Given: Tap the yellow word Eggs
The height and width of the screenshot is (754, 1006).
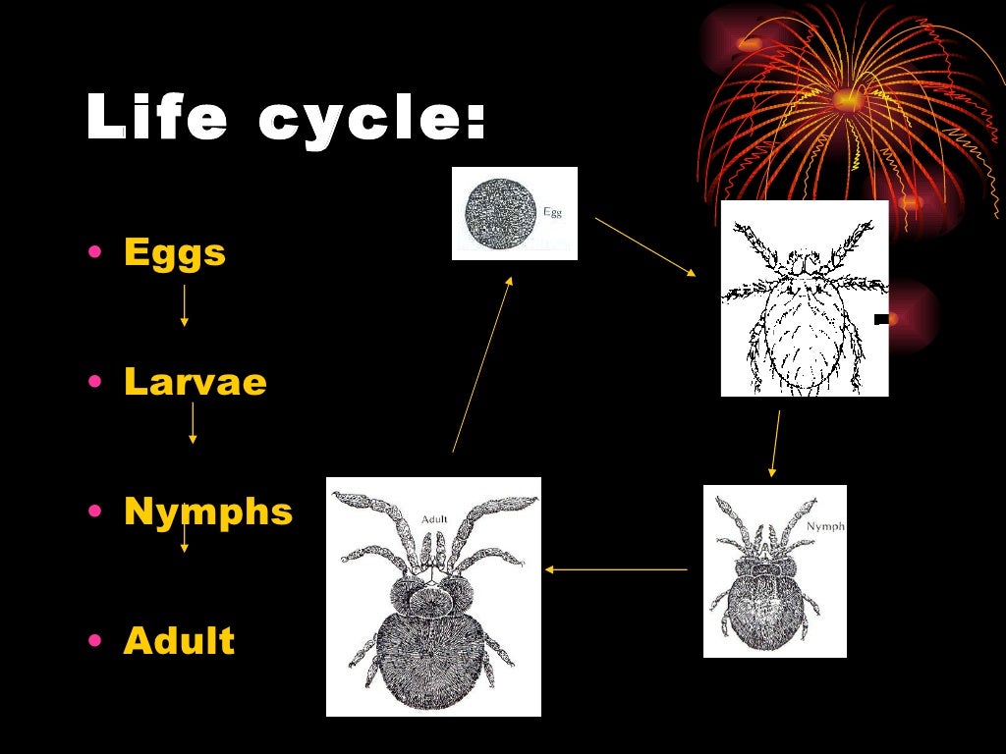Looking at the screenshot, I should pos(175,253).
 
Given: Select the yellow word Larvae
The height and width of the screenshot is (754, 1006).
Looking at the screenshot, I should pos(196,382).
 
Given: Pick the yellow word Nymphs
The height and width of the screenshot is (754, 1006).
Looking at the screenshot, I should pos(208,512).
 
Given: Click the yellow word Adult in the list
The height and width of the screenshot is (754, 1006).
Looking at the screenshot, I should pos(179,641).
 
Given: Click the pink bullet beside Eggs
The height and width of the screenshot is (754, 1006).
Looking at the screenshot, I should pos(94,253).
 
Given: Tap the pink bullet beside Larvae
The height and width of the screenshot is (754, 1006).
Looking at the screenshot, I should pos(94,382).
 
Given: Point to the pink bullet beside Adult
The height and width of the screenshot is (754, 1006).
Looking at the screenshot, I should pos(94,641).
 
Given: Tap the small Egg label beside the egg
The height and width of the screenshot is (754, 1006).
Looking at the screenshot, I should pos(553,211).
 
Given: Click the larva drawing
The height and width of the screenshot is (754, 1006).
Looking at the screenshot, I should pos(804,298).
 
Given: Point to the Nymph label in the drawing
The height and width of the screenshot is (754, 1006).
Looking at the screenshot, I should pos(825,526).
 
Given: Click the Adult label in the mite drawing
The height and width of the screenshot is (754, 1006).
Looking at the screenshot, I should pos(434,518).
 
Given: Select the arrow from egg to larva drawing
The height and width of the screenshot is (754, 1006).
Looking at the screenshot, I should pos(645,246).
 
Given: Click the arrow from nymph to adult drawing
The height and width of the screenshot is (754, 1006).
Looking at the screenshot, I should pos(616,569).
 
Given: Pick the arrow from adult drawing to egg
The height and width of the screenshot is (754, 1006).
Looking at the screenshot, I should pos(482,363).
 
